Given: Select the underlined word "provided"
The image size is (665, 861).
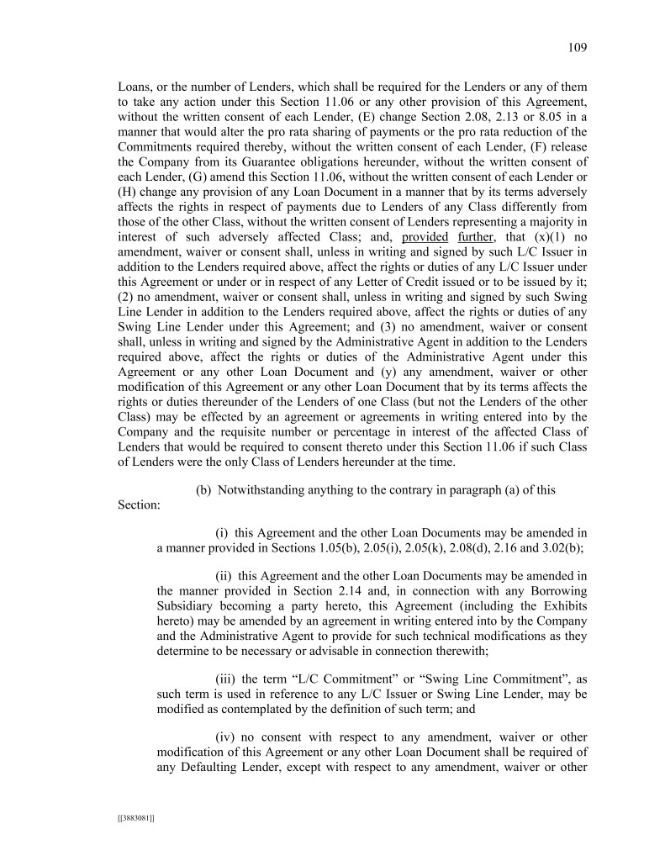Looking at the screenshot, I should [424, 236].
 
